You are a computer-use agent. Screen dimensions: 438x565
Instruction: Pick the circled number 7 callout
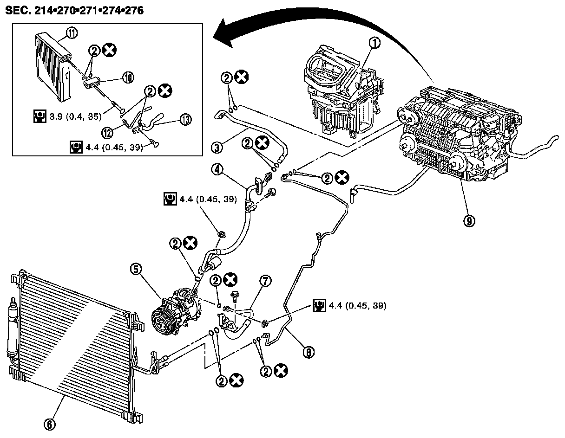266,281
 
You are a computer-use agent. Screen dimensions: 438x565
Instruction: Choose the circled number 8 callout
307,353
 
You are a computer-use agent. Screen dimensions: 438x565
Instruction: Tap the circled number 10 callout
128,77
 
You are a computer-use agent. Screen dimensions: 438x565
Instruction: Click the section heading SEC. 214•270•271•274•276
74,10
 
